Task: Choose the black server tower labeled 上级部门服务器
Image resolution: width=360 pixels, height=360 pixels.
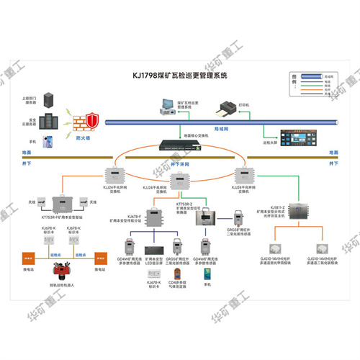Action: pos(49,99)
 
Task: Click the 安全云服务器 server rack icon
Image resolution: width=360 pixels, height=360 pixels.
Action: pos(48,120)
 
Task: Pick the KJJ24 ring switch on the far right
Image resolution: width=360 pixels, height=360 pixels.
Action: pos(240,175)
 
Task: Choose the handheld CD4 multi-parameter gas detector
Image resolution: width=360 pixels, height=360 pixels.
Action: pos(176,276)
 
